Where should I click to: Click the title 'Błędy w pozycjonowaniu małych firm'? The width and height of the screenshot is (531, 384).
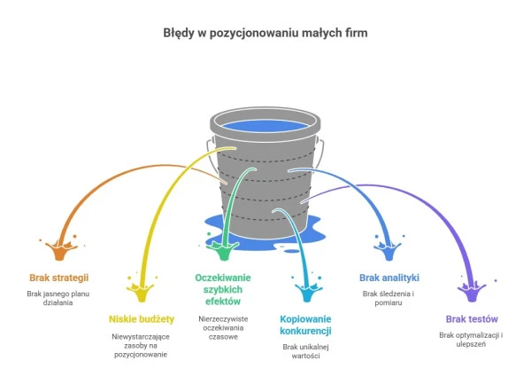pyautogui.click(x=265, y=34)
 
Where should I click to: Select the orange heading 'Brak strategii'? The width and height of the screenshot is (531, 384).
pyautogui.click(x=58, y=278)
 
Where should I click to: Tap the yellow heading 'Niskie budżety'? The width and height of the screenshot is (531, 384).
pyautogui.click(x=141, y=318)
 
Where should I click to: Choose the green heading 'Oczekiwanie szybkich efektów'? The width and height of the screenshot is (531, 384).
pyautogui.click(x=224, y=289)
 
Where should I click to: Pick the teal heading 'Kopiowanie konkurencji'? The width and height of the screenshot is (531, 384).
pyautogui.click(x=305, y=325)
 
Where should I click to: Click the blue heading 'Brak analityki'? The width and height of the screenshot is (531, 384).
pyautogui.click(x=389, y=277)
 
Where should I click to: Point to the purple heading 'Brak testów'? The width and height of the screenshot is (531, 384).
pyautogui.click(x=472, y=318)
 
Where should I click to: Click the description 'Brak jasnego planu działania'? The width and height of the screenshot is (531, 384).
pyautogui.click(x=58, y=297)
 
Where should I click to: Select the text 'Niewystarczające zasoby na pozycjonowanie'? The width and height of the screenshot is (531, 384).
pyautogui.click(x=141, y=343)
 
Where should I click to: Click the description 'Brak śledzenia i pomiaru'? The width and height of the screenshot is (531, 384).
pyautogui.click(x=389, y=297)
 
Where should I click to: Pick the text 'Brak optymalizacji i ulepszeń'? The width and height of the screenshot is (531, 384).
pyautogui.click(x=472, y=340)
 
